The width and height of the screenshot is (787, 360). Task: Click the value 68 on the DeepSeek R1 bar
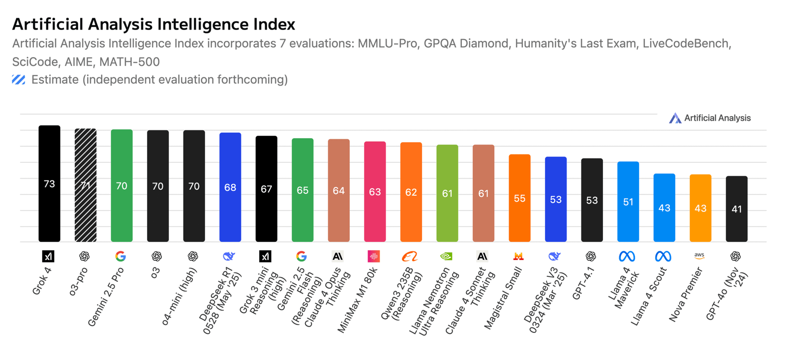[230, 187]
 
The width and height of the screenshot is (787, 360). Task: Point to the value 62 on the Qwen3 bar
[411, 192]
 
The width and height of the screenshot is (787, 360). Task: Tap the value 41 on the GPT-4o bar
[736, 209]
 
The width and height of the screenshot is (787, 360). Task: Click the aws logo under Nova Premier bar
[699, 256]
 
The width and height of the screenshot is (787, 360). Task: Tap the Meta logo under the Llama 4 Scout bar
[663, 256]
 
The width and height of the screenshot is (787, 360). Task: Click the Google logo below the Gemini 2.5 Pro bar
[121, 256]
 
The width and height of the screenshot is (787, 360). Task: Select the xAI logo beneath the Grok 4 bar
[48, 256]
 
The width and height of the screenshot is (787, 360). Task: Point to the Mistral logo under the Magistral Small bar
[518, 256]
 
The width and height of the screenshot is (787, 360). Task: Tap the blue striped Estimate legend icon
[19, 80]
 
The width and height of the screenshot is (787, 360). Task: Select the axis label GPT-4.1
[584, 283]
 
